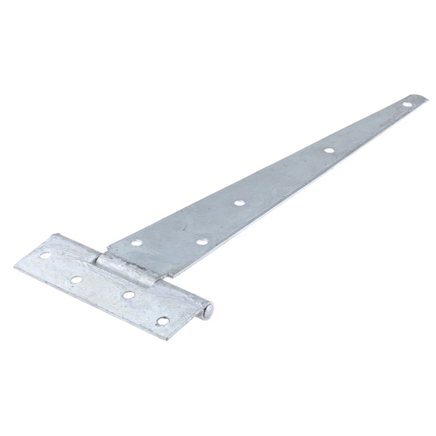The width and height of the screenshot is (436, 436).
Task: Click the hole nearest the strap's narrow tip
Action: pyautogui.click(x=407, y=103)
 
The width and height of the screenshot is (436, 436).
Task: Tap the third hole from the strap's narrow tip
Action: pyautogui.click(x=238, y=203)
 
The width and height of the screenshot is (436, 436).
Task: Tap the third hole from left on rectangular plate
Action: pyautogui.click(x=129, y=295)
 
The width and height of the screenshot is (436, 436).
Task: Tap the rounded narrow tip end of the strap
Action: pyautogui.click(x=425, y=98)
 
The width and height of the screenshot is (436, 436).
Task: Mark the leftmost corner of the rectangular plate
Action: pyautogui.click(x=15, y=265)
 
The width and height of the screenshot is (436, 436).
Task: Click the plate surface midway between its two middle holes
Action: pyautogui.click(x=102, y=287)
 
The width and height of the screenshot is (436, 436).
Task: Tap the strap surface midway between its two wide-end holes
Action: pyautogui.click(x=169, y=241)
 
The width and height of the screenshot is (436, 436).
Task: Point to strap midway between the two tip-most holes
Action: pyautogui.click(x=368, y=126)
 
